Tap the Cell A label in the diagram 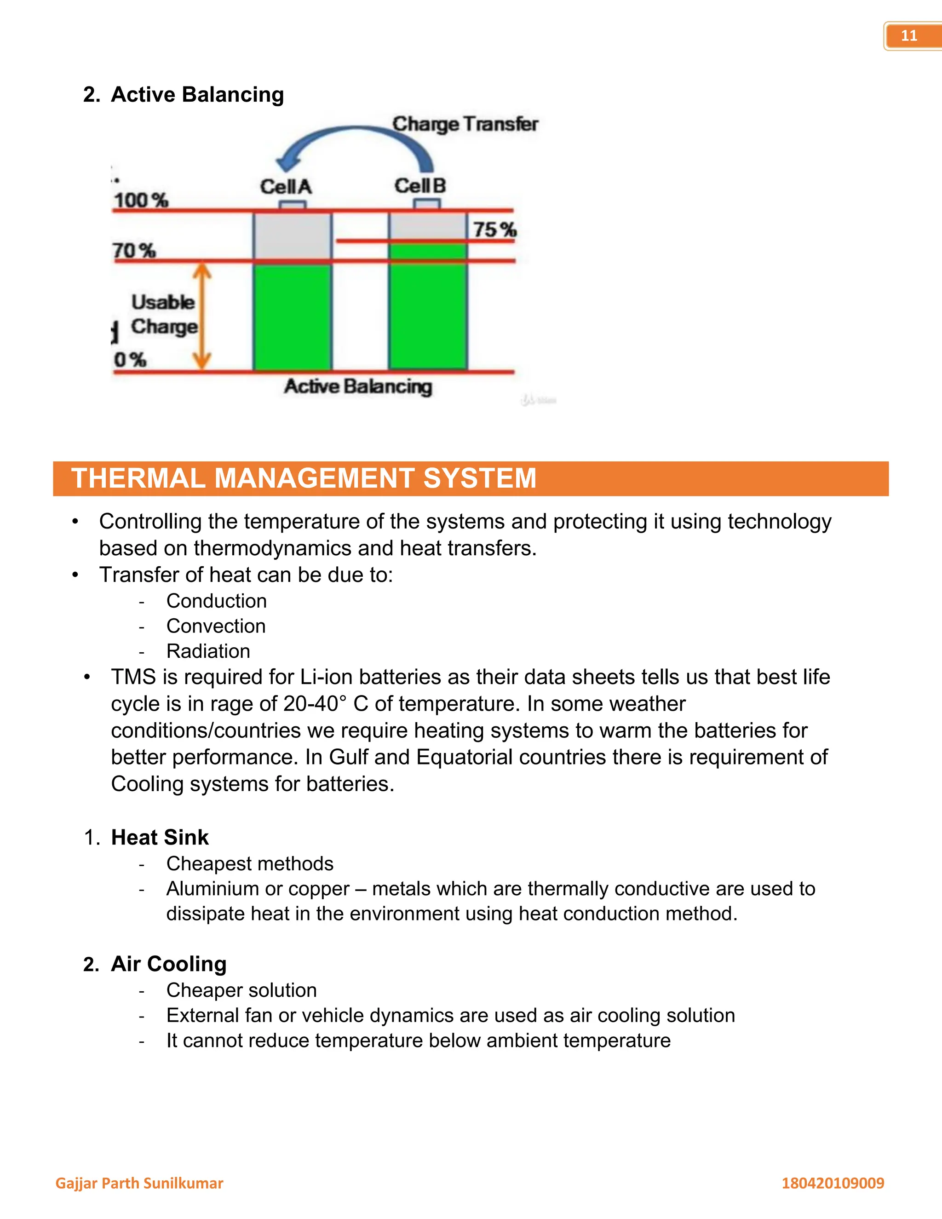click(286, 186)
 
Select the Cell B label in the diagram click(420, 185)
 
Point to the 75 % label click(494, 230)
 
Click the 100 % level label click(141, 200)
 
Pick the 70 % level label click(134, 251)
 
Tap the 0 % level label click(130, 359)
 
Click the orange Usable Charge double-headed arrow click(202, 316)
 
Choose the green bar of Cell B click(427, 307)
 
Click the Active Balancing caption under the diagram click(358, 386)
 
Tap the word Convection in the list click(216, 626)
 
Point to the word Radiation click(208, 651)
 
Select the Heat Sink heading click(160, 837)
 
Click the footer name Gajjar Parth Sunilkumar click(139, 1183)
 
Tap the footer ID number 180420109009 click(833, 1183)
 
